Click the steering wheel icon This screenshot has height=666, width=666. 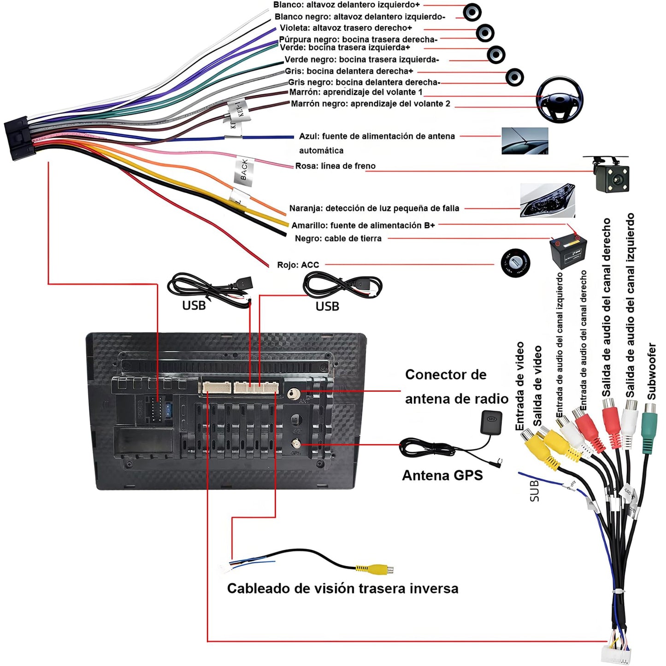click(560, 100)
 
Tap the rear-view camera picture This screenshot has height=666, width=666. click(612, 175)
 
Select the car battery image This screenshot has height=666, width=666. click(568, 251)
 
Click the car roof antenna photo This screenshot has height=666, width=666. click(525, 141)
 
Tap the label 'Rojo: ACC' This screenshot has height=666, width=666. click(298, 265)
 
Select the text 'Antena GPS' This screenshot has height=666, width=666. click(442, 475)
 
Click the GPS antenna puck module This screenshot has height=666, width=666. click(491, 422)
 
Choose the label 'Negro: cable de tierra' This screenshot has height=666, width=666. click(338, 239)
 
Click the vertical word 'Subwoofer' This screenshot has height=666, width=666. click(651, 371)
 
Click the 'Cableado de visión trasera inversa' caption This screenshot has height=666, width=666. click(342, 589)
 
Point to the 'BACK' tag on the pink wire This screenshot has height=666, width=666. click(244, 171)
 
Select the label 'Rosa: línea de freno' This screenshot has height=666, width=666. click(335, 166)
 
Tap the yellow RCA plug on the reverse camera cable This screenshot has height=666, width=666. click(374, 569)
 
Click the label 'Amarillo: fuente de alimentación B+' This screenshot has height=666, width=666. click(363, 225)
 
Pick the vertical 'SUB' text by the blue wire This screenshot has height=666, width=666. click(534, 490)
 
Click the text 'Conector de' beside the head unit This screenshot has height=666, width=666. click(446, 375)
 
